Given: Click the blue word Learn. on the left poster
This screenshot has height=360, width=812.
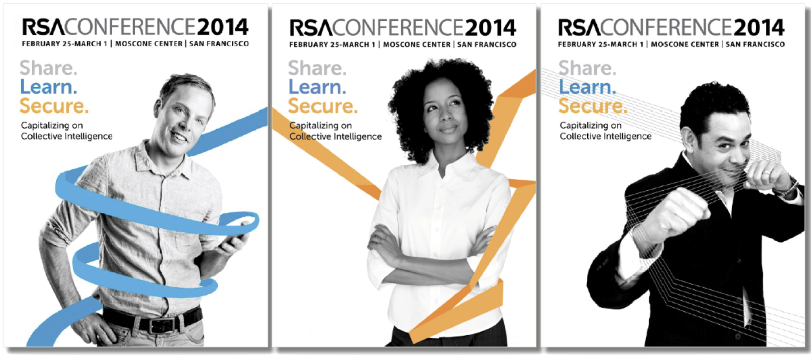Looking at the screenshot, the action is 49,87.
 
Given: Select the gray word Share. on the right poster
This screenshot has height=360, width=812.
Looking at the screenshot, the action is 587,68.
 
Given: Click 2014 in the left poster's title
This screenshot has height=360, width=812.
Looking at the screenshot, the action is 223,27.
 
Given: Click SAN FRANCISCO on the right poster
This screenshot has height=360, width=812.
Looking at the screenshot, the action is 755,44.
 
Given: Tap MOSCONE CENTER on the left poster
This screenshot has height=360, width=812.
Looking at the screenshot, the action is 149,44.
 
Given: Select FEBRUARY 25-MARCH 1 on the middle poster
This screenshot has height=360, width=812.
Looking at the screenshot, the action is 332,44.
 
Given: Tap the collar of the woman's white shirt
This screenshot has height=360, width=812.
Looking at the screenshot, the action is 440,165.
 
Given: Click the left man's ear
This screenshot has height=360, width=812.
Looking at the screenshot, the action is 157,109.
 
